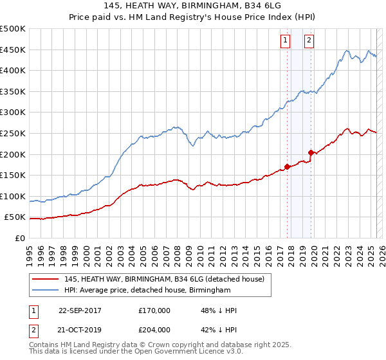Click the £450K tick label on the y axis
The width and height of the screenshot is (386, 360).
[x=13, y=50]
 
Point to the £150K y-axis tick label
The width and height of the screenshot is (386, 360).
[x=13, y=175]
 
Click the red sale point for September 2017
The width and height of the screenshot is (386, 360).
[x=287, y=166]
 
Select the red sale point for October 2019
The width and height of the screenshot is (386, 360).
[x=311, y=152]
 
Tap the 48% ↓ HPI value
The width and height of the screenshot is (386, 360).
[x=219, y=310]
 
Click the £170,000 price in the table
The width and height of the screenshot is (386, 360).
[x=154, y=310]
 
